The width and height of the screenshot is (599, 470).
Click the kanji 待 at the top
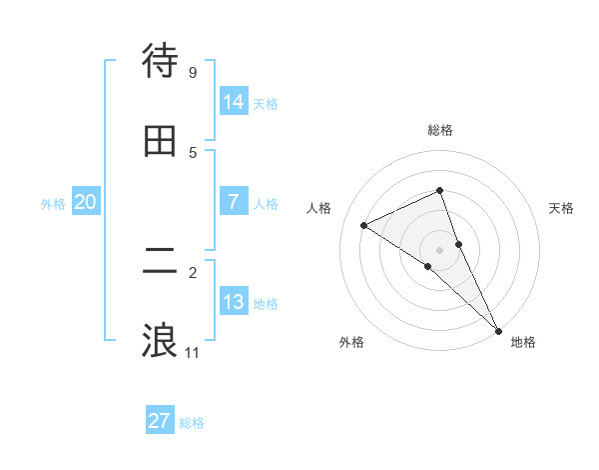[x=160, y=61]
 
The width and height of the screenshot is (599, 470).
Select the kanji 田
[x=160, y=141]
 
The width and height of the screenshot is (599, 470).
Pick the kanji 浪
[x=160, y=340]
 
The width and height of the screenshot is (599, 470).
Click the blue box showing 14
[x=234, y=102]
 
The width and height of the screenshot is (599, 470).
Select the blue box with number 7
[x=234, y=202]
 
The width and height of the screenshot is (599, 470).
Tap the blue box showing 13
[x=234, y=302]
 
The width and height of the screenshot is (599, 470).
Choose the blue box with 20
[x=86, y=202]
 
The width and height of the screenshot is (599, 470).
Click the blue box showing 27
[x=160, y=421]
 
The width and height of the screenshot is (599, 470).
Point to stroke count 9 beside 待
[x=193, y=73]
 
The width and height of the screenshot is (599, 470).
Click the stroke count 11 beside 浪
[x=193, y=353]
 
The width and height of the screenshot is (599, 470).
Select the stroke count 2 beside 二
[x=193, y=272]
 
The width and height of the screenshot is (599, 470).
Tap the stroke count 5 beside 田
[x=193, y=153]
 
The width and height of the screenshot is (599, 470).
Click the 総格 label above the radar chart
[x=440, y=130]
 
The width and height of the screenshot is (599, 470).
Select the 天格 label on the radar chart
[x=562, y=208]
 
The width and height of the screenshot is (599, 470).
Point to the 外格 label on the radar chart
[x=351, y=342]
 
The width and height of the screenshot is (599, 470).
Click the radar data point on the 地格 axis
[x=498, y=329]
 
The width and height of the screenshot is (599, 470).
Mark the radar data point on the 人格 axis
[x=364, y=225]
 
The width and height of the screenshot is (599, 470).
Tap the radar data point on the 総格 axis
[x=440, y=190]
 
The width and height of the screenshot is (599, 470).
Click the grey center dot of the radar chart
[x=440, y=249]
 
